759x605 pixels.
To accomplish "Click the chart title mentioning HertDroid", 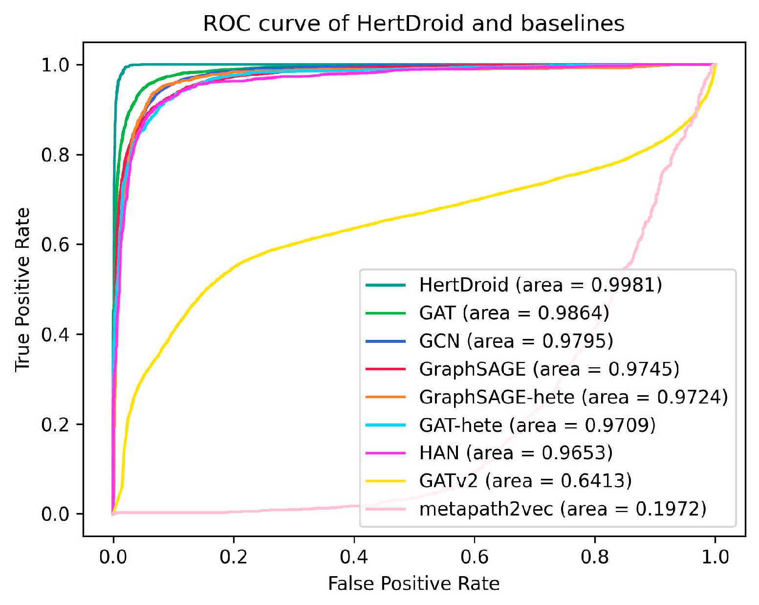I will click(413, 23).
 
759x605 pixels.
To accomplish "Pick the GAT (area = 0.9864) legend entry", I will click(514, 313).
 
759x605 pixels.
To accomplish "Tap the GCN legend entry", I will click(516, 341).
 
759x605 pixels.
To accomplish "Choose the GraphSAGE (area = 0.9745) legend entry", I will click(549, 369).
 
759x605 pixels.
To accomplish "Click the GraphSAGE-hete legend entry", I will click(573, 397).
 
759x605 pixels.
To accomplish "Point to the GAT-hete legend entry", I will click(537, 425).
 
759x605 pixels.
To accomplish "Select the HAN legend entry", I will click(516, 453).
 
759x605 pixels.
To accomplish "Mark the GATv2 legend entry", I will click(525, 481).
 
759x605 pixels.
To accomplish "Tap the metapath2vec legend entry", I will click(563, 509).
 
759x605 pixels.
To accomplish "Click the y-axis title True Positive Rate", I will click(23, 290).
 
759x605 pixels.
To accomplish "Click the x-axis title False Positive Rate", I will click(413, 584).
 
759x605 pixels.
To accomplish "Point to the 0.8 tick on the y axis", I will click(55, 155).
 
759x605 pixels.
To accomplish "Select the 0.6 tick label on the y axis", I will click(55, 245).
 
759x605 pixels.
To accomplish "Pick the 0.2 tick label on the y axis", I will click(55, 424).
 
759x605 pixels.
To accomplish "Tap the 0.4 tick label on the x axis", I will click(354, 557).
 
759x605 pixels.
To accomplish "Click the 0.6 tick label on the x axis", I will click(474, 557).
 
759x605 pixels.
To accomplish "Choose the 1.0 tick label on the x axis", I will click(715, 557).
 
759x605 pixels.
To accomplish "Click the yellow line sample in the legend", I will click(386, 481).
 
